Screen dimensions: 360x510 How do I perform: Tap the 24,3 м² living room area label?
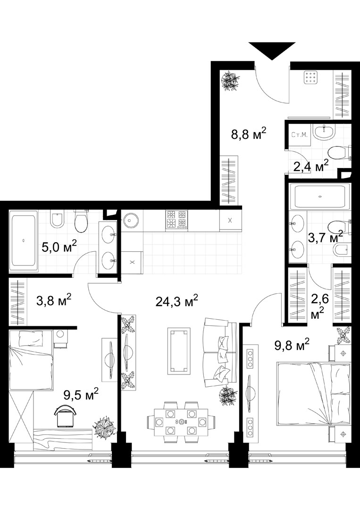click(x=177, y=301)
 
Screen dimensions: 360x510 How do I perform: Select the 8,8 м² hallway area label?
click(x=249, y=133)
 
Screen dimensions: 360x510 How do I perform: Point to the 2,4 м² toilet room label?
click(x=310, y=166)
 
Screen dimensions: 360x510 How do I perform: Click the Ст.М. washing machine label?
click(x=299, y=134)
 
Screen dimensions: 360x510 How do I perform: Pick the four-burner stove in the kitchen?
click(x=177, y=220)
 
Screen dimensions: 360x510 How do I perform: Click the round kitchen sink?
click(x=130, y=220)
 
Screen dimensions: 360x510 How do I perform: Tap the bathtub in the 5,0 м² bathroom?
click(x=24, y=241)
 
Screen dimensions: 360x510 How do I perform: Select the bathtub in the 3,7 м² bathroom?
click(x=320, y=196)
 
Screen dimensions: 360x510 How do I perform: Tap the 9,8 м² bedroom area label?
click(x=292, y=345)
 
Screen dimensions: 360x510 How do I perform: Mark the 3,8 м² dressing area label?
click(x=54, y=300)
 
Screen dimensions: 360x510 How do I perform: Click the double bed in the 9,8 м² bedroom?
click(x=314, y=393)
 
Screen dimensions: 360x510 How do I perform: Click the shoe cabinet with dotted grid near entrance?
click(x=310, y=78)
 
